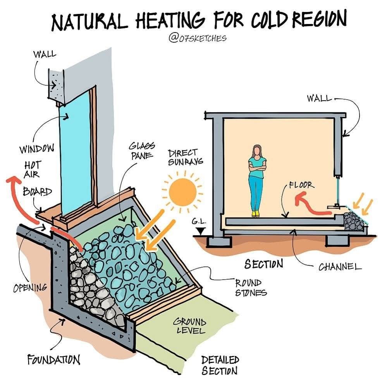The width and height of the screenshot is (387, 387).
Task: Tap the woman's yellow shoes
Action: [x=256, y=214]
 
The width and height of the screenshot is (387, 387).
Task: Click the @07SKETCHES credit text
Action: [x=198, y=38]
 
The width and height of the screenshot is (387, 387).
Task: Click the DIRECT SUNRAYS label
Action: [x=185, y=157]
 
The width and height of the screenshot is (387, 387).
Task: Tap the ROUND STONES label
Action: [x=251, y=287]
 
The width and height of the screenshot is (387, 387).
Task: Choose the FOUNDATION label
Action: [x=53, y=359]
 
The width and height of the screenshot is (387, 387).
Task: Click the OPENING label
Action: [x=30, y=288]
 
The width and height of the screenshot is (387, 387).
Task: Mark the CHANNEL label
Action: [x=340, y=267]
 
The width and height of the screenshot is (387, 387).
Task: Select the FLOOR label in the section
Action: [x=302, y=185]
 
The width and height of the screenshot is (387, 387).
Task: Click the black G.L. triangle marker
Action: [x=201, y=231]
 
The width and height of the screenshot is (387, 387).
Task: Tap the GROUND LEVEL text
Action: [x=189, y=325]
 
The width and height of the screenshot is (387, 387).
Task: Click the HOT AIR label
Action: [x=32, y=170]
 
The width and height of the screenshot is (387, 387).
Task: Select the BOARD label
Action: [x=38, y=191]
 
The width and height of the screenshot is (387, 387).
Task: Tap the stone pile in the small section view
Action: [x=353, y=221]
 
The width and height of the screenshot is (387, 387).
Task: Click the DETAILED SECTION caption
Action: [x=220, y=365]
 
